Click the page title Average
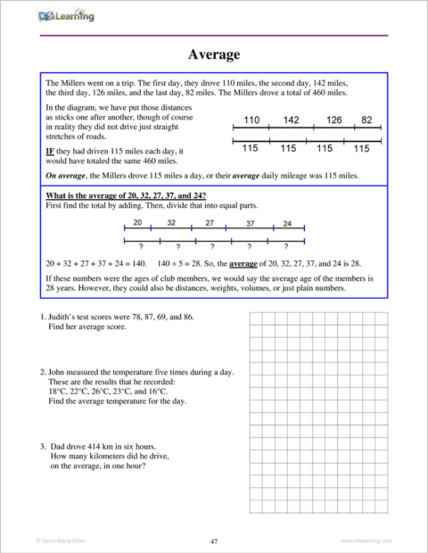coord(214,55)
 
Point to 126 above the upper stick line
coord(333,120)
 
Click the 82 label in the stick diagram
coord(367,120)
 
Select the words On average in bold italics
coord(67,177)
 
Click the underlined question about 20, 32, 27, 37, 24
coord(126,195)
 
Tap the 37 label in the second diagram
coord(251,223)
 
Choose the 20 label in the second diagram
coord(137,223)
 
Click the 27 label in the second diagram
coord(210,223)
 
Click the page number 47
coord(214,541)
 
